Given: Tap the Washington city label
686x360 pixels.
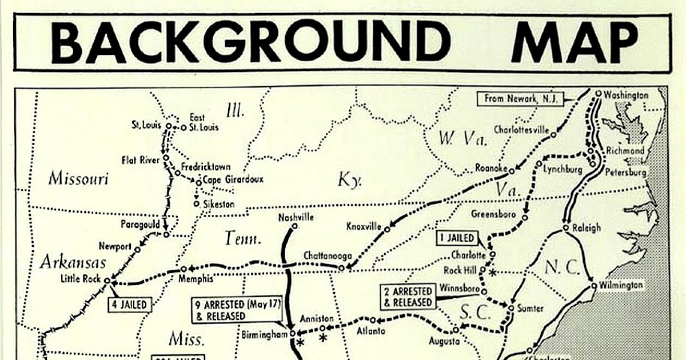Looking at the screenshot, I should [x=627, y=95].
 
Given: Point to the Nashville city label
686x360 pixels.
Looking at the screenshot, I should [x=296, y=217].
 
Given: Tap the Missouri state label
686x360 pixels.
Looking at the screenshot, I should [x=78, y=178].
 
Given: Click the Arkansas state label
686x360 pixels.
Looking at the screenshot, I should [x=73, y=262].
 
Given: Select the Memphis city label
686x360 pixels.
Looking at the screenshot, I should [x=195, y=279].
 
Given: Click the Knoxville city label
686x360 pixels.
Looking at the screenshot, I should [x=364, y=227].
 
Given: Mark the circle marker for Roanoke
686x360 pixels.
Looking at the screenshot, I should [x=512, y=170].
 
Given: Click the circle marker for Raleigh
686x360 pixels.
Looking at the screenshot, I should [x=565, y=227].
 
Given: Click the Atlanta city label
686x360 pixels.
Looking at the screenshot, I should [x=370, y=330].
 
